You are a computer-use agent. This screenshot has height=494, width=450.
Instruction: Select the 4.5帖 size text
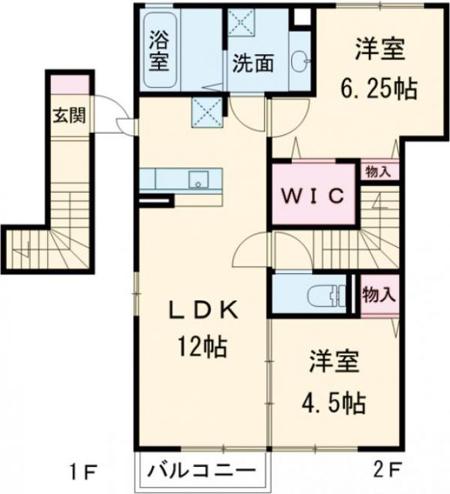click(333, 402)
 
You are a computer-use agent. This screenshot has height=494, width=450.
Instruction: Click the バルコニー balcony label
click(202, 470)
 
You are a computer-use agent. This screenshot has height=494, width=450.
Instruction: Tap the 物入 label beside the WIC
click(379, 171)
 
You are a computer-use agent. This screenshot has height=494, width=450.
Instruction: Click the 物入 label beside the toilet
click(379, 293)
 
